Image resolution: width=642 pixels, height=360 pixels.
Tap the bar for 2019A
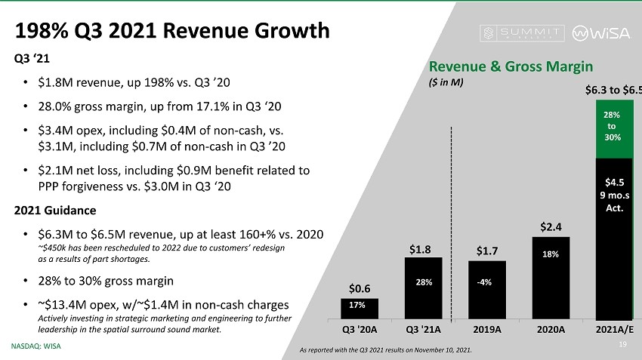coord(487,290)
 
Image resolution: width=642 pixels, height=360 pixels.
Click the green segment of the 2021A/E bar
coord(614,128)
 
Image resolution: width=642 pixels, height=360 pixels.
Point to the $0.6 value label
coord(360,288)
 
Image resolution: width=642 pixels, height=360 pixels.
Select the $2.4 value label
coord(551,226)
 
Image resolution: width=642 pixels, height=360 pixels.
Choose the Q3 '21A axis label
coord(424,328)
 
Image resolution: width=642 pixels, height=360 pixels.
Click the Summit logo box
coord(523,33)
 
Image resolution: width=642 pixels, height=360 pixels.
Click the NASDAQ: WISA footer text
coord(35,346)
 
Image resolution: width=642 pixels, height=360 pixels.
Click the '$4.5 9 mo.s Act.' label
coord(614,195)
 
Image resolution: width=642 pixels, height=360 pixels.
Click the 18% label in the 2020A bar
coord(551,255)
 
